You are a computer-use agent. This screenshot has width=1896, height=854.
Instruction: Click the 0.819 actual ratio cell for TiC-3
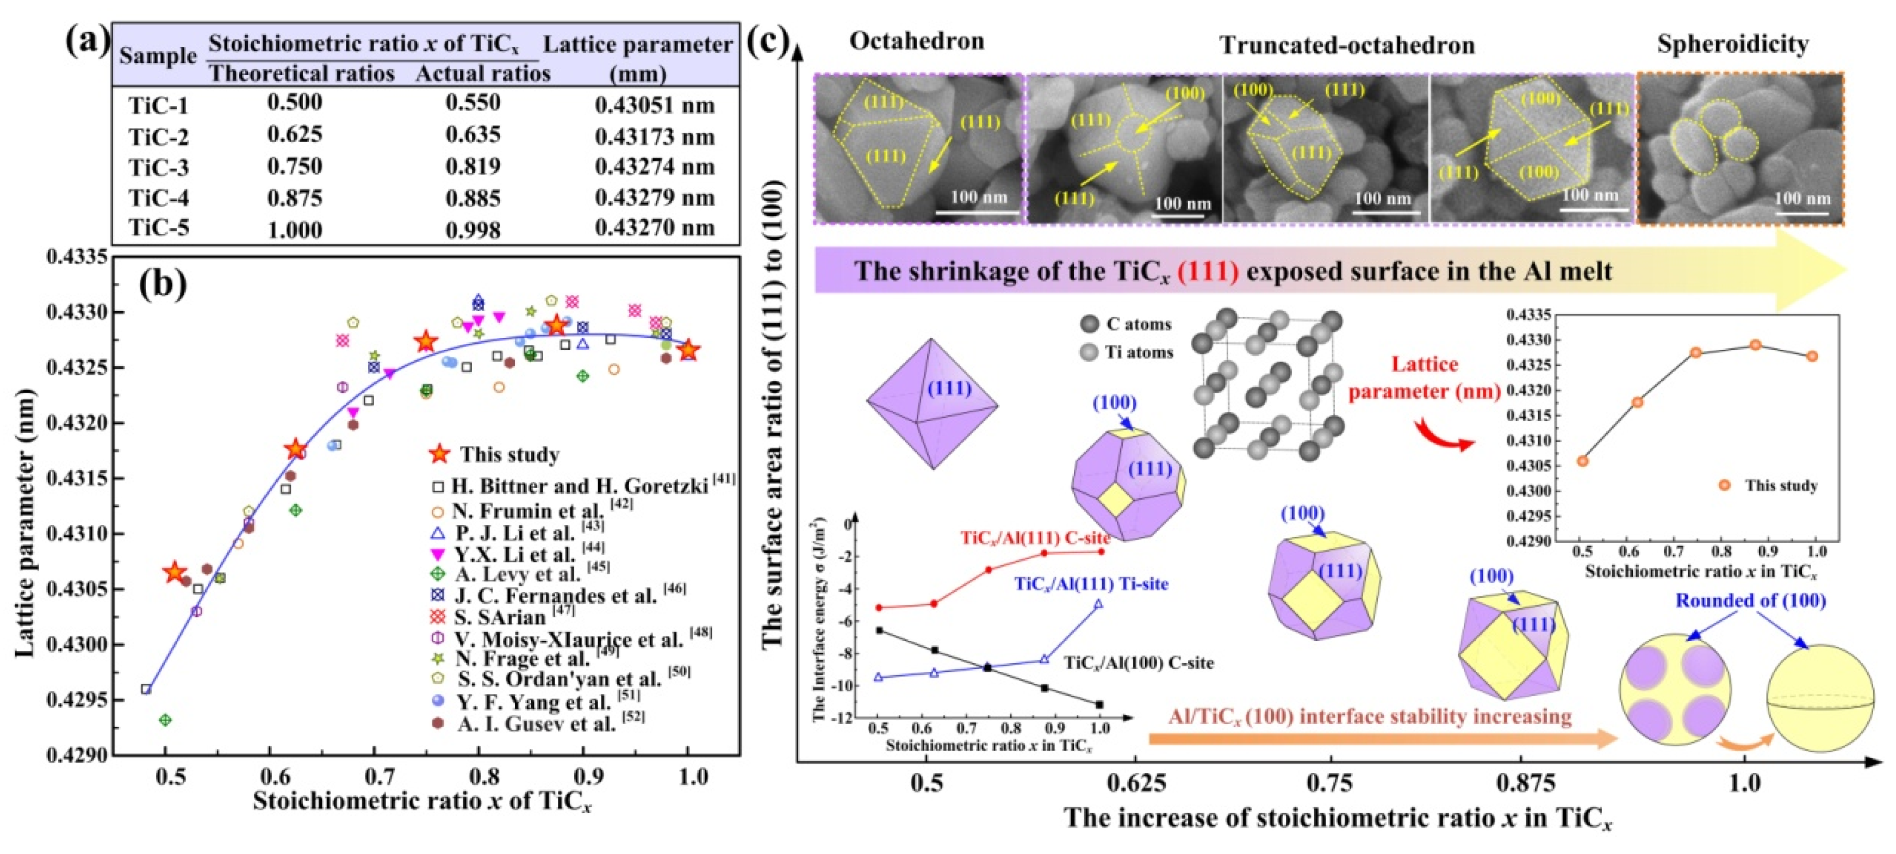(473, 166)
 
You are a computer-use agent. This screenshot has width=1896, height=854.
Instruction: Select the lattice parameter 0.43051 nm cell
(654, 106)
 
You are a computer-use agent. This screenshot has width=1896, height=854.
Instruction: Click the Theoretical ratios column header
(302, 73)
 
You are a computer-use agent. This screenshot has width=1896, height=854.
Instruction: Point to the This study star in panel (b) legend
(439, 454)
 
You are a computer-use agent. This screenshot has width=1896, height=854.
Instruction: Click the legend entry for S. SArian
(499, 617)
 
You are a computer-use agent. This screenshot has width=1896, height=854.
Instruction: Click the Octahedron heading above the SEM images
(916, 42)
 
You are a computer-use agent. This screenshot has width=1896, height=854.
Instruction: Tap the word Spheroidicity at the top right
(1732, 44)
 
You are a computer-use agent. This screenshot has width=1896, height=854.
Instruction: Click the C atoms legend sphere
(1089, 324)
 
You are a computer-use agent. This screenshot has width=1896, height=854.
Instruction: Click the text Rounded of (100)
(1750, 601)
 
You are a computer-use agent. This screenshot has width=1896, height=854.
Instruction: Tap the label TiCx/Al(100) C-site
(1138, 663)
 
